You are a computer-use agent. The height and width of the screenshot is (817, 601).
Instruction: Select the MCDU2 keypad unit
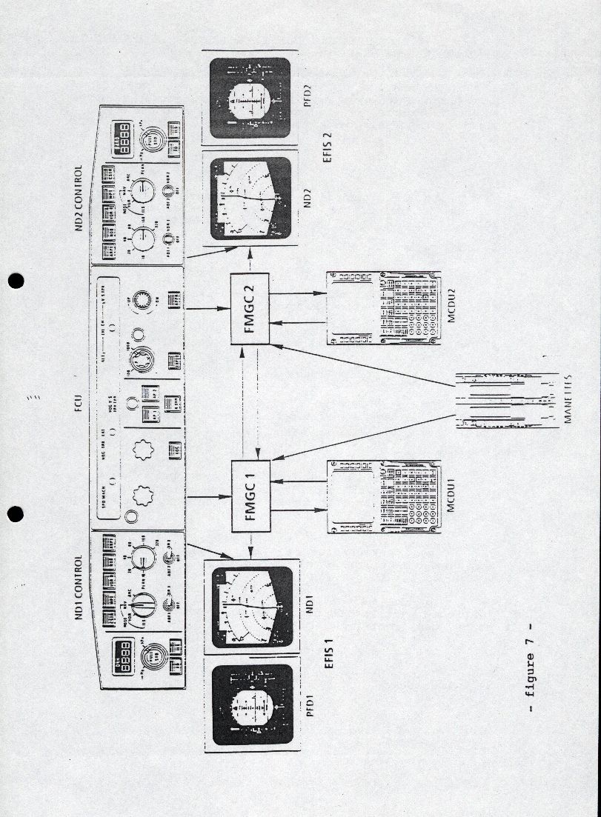coord(384,308)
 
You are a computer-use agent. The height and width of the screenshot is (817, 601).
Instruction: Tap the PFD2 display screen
coord(249,98)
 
